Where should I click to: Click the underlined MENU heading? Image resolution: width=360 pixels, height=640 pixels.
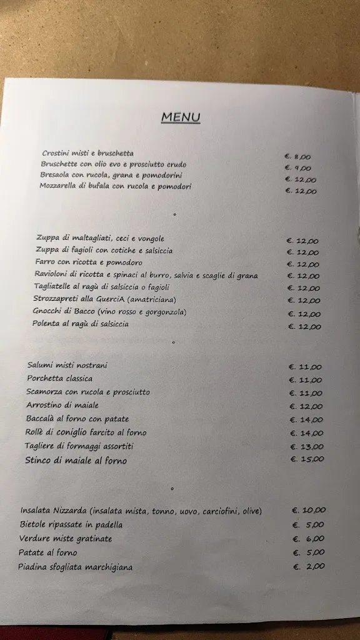(x=181, y=117)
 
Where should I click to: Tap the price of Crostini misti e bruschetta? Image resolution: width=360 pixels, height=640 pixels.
(x=297, y=157)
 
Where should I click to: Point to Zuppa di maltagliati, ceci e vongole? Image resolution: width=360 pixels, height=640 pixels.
(x=100, y=238)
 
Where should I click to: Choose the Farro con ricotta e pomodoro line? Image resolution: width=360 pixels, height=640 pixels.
(x=89, y=262)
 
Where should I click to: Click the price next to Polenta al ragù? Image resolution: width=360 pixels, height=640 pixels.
(x=304, y=326)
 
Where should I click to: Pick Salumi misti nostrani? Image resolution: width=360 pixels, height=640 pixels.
(x=67, y=365)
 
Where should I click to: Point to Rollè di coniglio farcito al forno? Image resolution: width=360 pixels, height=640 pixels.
(x=86, y=432)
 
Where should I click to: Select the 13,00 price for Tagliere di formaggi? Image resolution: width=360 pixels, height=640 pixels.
(x=306, y=446)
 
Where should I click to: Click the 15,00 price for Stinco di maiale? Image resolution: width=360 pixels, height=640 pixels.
(x=307, y=459)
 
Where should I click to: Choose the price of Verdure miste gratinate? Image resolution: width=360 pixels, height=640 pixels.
(x=308, y=539)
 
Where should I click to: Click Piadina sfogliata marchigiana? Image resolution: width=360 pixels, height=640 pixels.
(x=75, y=567)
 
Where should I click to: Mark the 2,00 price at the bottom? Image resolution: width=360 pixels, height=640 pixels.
(x=309, y=566)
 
